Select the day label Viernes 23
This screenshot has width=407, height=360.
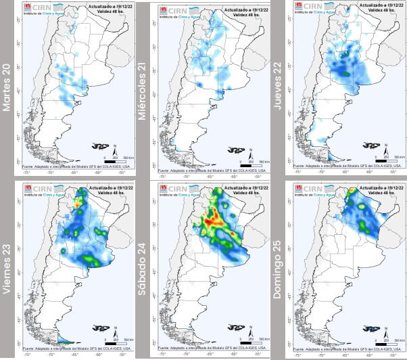tap(9, 264)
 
